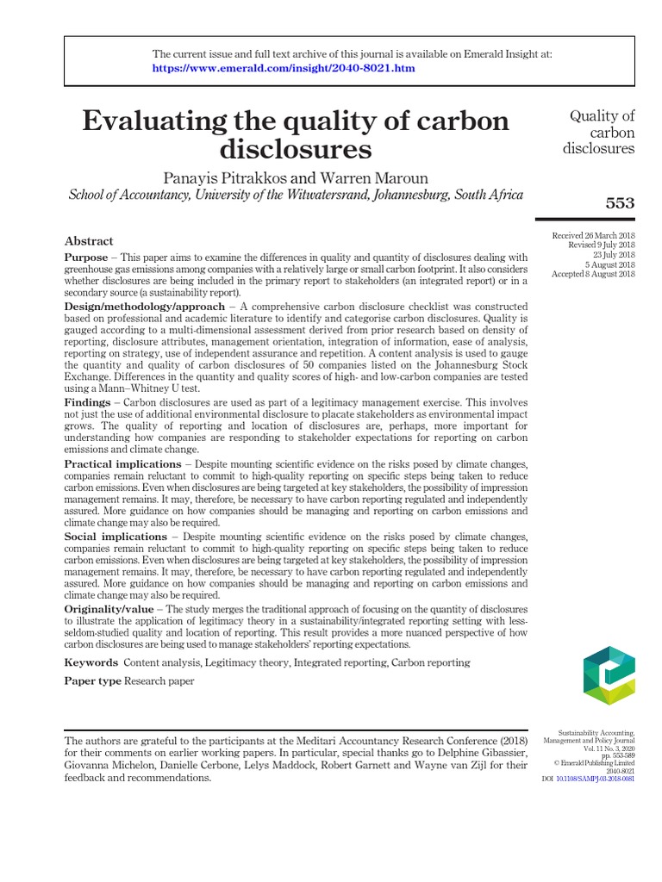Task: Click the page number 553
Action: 620,203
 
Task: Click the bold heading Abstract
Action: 89,241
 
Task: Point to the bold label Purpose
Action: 86,258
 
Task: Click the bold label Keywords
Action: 91,662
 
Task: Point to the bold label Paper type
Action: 93,681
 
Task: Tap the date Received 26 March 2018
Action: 593,236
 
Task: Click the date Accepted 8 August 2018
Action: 593,274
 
